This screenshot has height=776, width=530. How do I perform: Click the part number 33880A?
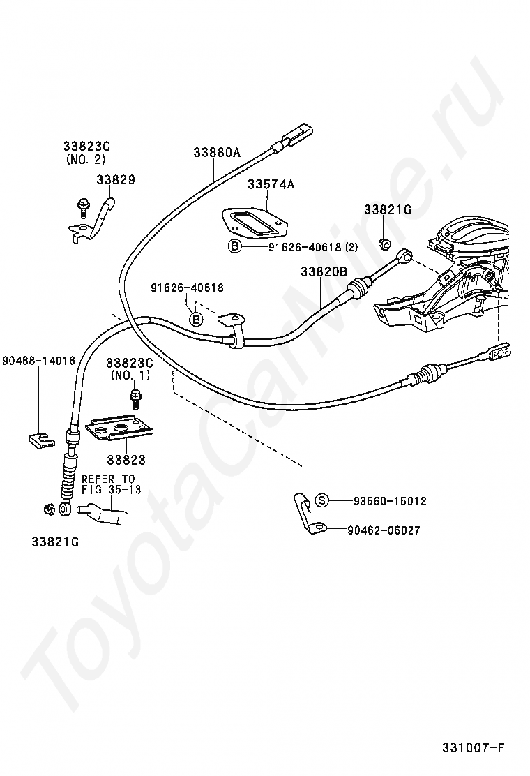[217, 152]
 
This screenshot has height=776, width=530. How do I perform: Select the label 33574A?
[271, 185]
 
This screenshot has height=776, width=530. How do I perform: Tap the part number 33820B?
[324, 271]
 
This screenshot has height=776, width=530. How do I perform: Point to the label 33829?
[116, 179]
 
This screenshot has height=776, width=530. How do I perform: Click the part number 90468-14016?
[38, 361]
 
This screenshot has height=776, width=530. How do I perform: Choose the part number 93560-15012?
[390, 501]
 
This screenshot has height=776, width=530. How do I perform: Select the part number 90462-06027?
[384, 530]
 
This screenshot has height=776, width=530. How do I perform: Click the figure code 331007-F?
[474, 747]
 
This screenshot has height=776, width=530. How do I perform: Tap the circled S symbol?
[322, 501]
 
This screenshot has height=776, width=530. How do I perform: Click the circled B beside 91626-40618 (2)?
[235, 246]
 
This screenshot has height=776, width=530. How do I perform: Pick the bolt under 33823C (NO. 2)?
[82, 207]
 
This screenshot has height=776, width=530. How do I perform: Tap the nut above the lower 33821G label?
[48, 509]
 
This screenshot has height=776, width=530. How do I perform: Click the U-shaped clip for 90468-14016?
[40, 439]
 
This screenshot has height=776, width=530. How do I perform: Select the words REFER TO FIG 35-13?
[112, 484]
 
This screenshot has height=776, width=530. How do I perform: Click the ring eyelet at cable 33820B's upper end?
[405, 255]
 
